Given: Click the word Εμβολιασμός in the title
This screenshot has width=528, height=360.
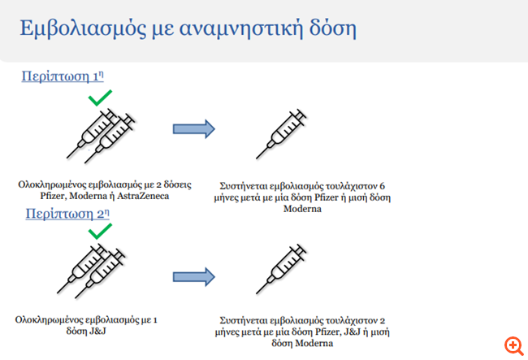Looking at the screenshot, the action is click(x=83, y=28).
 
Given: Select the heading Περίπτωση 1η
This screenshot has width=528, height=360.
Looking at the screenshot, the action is click(x=63, y=76).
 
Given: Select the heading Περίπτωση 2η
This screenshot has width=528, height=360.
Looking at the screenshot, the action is click(x=67, y=214).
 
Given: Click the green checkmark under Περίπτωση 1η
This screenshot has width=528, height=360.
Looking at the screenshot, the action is click(x=100, y=98).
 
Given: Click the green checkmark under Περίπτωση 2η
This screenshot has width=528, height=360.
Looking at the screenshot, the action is click(x=100, y=232).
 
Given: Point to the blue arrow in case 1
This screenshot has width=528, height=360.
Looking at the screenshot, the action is click(x=194, y=128).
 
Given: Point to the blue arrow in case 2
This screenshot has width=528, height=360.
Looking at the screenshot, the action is click(x=194, y=277).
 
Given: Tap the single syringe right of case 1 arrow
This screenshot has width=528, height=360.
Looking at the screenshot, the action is click(x=281, y=134).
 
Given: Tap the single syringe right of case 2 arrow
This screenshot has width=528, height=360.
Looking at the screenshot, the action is click(x=281, y=269).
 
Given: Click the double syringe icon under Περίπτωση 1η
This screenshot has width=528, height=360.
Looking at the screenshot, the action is click(x=101, y=136).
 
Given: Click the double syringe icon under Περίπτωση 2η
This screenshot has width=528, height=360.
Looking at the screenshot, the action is click(x=91, y=271).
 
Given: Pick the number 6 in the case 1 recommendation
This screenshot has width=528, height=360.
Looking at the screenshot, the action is click(x=382, y=186).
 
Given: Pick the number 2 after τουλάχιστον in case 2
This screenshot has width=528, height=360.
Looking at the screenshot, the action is click(x=383, y=320).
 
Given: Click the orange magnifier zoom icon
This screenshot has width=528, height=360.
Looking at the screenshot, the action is click(x=514, y=346).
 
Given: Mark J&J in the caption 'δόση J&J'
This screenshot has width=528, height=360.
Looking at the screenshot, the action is click(x=97, y=331).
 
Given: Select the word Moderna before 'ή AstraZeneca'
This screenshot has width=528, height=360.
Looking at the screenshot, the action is click(x=87, y=196).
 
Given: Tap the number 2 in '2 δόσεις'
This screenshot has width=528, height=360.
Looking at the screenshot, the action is click(x=159, y=185).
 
